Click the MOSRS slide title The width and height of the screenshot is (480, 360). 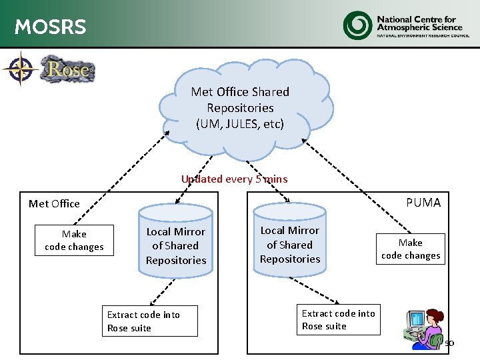[50, 27]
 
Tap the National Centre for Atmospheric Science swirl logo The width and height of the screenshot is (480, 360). [358, 25]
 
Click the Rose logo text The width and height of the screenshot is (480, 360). [68, 69]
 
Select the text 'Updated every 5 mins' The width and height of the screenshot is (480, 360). [234, 179]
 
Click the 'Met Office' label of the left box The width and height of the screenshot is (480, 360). [54, 203]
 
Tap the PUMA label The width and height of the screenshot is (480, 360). [423, 203]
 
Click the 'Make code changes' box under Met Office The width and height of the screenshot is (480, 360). [74, 241]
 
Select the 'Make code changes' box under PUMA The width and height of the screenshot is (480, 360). [411, 249]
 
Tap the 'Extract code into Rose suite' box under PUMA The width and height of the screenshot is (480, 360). [338, 319]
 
